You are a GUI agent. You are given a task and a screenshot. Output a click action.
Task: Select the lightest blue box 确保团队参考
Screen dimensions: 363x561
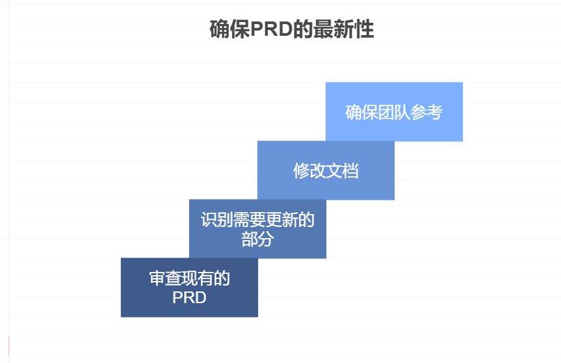394,112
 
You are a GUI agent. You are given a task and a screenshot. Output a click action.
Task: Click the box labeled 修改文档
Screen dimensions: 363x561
326,170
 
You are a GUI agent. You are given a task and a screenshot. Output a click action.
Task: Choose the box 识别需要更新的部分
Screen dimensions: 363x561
257,229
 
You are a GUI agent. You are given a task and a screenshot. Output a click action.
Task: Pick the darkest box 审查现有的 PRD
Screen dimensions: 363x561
189,288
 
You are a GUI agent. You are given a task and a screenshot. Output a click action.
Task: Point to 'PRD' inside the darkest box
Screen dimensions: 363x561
189,297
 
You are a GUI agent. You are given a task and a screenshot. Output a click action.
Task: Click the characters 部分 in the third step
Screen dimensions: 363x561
257,239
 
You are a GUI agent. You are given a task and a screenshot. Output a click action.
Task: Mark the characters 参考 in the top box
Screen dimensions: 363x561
426,112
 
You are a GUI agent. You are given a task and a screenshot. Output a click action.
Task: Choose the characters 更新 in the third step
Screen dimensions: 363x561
281,220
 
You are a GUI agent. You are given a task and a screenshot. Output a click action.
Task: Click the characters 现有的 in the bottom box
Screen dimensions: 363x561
206,278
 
